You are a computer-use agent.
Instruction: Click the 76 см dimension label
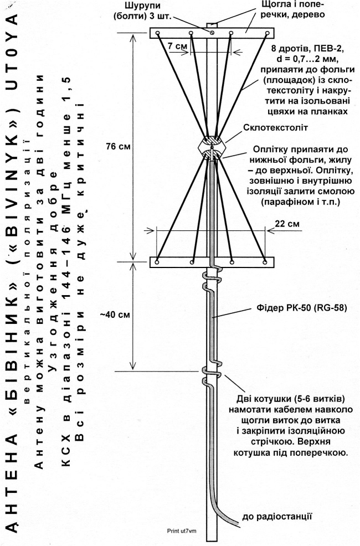[118, 147]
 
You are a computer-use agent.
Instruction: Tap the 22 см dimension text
[287, 224]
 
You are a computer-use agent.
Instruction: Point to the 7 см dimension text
[177, 46]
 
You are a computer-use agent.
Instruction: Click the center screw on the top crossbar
[212, 32]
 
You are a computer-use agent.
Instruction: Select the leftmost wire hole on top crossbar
[158, 33]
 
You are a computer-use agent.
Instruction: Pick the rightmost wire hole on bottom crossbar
[265, 261]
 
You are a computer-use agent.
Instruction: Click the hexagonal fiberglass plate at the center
[212, 148]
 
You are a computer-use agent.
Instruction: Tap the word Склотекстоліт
[275, 128]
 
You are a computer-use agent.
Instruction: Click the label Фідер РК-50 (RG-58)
[301, 308]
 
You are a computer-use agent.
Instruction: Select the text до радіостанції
[277, 517]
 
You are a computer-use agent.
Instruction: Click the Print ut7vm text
[182, 531]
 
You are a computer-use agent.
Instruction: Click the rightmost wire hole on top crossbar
[268, 33]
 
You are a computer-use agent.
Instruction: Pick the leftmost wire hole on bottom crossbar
[157, 261]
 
